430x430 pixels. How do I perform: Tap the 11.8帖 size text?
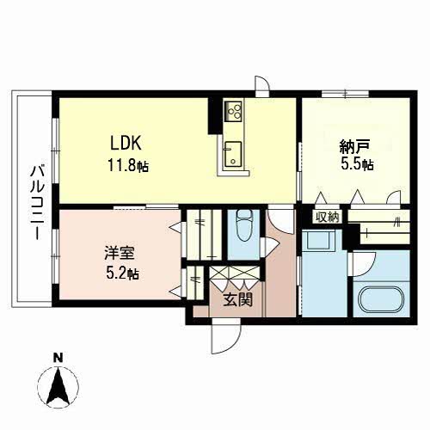coord(128,166)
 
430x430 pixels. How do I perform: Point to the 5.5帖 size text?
coord(355,164)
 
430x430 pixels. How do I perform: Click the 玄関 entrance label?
coord(238,302)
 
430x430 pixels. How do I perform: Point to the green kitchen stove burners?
coord(234,111)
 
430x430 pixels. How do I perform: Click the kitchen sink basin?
coord(232,156)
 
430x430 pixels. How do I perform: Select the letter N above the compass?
coord(57,357)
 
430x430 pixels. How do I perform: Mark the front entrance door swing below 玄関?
coord(221,339)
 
